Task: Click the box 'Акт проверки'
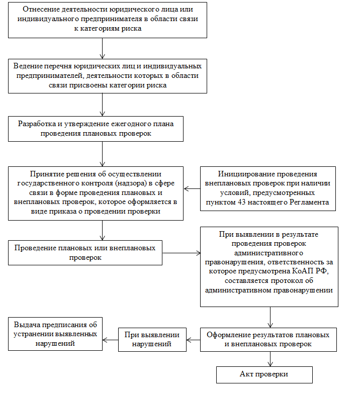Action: point(264,375)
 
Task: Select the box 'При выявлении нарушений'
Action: point(152,340)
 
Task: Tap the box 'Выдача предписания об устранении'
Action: point(55,334)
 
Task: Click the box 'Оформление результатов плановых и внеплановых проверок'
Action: point(268,340)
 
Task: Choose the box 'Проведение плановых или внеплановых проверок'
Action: point(85,253)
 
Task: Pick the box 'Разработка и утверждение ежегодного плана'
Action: point(96,129)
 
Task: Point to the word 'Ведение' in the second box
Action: point(26,66)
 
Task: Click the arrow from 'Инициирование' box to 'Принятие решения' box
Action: point(192,189)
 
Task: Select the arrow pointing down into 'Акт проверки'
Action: point(271,359)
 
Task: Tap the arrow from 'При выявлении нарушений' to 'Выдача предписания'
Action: point(110,340)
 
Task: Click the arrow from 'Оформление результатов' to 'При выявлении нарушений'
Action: point(193,340)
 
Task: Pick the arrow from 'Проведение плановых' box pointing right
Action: point(181,253)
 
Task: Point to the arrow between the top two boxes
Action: point(103,48)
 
